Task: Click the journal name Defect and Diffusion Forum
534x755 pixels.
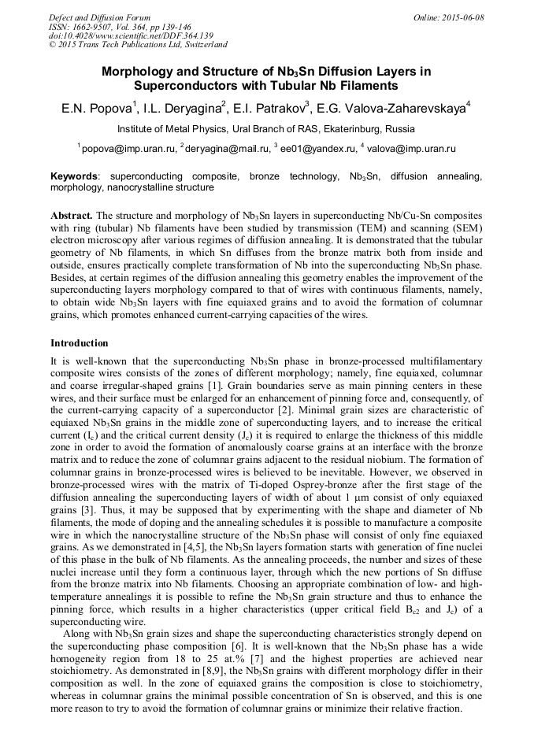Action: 99,17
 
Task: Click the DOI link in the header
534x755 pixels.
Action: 131,36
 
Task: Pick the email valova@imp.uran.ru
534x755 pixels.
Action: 410,148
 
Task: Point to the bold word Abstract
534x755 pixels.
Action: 72,215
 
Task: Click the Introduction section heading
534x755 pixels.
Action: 80,343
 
